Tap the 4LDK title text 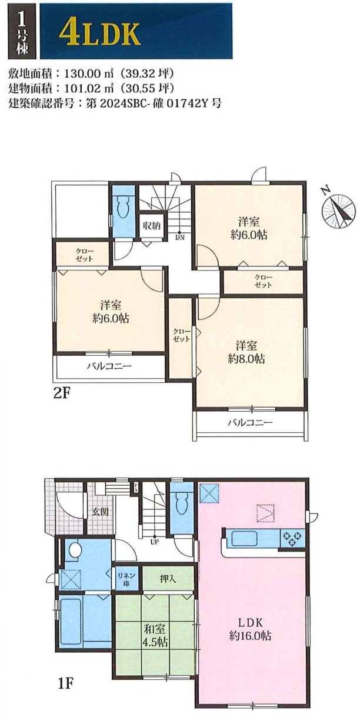coord(99,34)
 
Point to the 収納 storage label coord(151,226)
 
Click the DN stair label coord(179,238)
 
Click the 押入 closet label coord(168,579)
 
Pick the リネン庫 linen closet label coord(126,579)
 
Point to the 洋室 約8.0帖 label coord(246,352)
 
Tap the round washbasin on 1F coord(75,549)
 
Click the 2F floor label coord(62,393)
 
